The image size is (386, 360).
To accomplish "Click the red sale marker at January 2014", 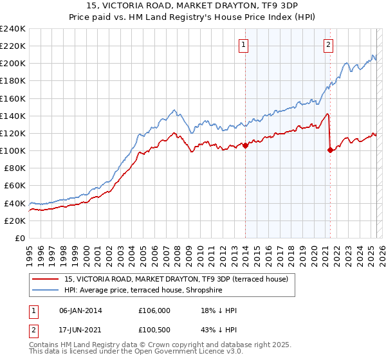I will [x=245, y=146].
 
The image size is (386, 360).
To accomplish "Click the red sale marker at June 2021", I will [x=330, y=150].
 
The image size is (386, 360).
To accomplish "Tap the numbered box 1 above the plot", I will [x=245, y=45].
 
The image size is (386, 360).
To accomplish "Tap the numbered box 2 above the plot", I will [x=328, y=45].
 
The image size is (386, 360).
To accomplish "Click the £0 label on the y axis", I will [x=19, y=238].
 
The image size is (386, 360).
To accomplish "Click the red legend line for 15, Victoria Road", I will [x=46, y=278].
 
